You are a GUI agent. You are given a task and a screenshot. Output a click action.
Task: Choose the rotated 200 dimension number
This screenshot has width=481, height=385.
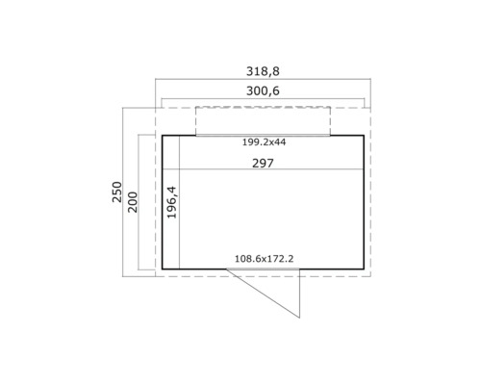click(x=133, y=204)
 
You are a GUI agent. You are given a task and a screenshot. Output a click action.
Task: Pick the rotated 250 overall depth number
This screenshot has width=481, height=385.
click(x=115, y=192)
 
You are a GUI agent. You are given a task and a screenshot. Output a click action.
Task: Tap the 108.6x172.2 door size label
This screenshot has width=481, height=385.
click(x=266, y=258)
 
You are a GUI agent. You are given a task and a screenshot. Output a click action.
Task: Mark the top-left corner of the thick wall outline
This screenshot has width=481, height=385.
click(x=162, y=136)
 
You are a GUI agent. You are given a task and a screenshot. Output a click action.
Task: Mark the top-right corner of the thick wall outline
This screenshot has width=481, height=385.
click(x=364, y=136)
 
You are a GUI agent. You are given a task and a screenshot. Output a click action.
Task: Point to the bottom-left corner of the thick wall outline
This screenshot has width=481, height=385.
click(x=162, y=269)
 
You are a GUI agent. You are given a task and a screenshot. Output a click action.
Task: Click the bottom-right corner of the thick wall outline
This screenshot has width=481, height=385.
click(x=364, y=269)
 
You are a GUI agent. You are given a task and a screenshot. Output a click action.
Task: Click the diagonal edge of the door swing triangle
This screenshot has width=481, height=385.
click(x=268, y=294)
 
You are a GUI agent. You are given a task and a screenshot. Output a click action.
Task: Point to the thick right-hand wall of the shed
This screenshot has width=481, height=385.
click(x=364, y=202)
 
